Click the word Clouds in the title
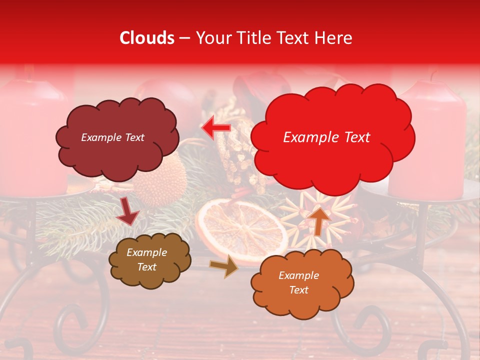(147, 38)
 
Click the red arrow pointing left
(216, 128)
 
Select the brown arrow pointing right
(223, 266)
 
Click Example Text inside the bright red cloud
(326, 137)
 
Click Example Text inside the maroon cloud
(112, 137)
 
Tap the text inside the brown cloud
(146, 260)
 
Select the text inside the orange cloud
(298, 282)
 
